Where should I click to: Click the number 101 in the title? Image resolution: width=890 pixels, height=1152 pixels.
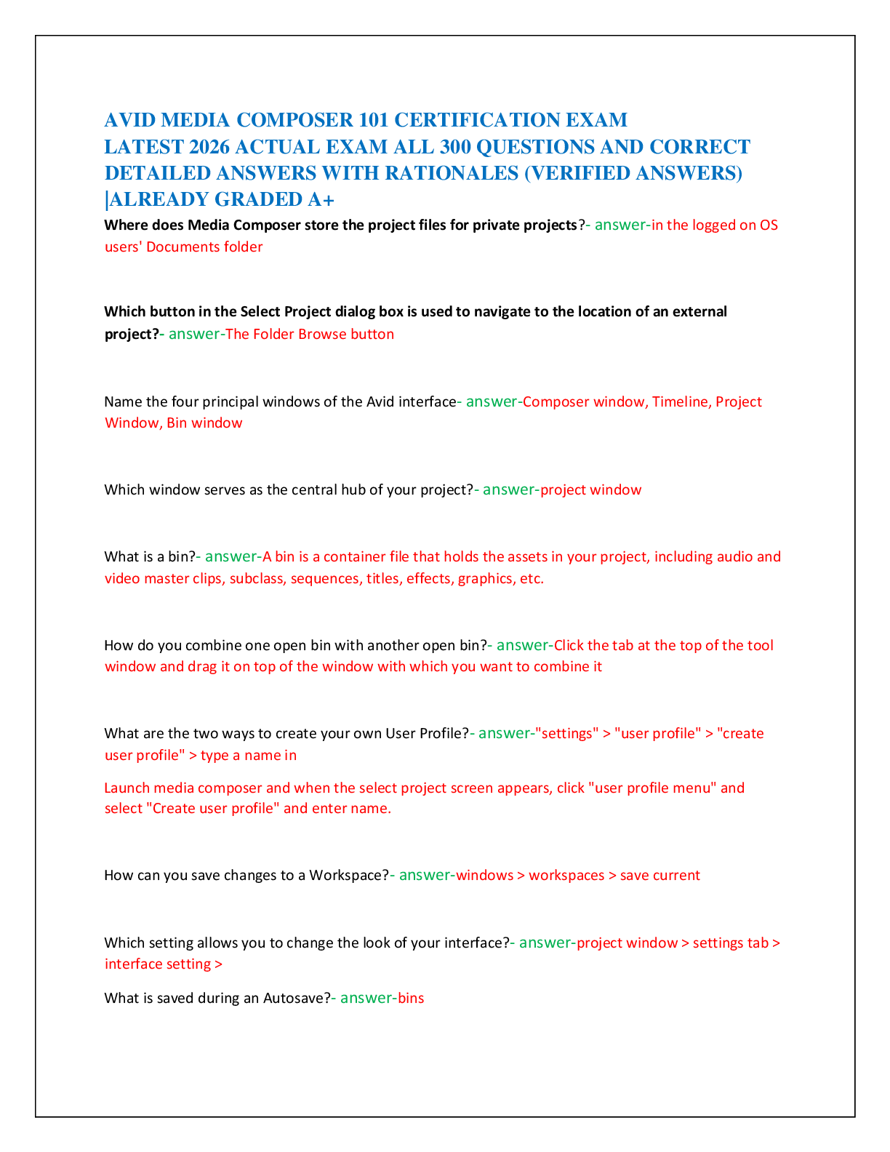point(373,120)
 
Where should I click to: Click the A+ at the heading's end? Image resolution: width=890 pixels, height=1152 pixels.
point(321,199)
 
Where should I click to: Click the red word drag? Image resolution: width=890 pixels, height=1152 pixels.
point(202,666)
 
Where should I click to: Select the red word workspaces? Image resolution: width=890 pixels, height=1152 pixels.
point(566,875)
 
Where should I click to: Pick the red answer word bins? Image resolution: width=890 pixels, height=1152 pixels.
point(411,999)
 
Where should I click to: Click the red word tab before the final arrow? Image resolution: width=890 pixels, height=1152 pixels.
point(758,943)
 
